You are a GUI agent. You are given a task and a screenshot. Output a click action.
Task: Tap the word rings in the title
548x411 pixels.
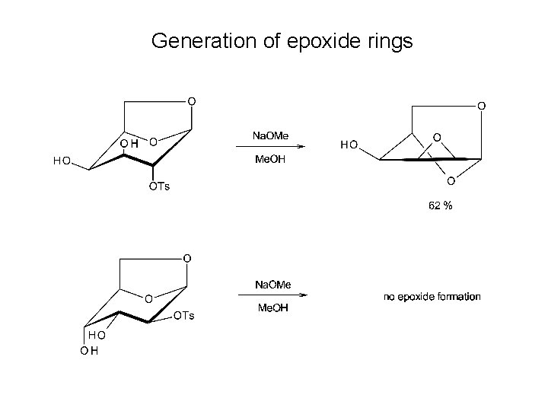point(388,40)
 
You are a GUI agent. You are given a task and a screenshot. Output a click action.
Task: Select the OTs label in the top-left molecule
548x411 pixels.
point(159,186)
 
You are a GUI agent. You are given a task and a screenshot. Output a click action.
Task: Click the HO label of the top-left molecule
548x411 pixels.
point(62,161)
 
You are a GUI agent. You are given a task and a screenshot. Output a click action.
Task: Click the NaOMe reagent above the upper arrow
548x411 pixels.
point(271,135)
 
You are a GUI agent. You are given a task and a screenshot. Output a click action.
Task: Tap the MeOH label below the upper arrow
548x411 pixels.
point(271,161)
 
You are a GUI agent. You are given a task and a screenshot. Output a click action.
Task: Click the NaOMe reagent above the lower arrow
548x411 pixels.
point(272,284)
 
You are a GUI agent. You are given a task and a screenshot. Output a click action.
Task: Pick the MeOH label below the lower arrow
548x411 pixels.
point(272,309)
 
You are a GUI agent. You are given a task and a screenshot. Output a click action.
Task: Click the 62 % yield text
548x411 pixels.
point(439,205)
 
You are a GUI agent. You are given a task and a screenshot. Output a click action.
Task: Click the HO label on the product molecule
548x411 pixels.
point(349,144)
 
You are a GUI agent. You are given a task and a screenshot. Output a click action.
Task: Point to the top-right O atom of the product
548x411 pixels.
point(480,106)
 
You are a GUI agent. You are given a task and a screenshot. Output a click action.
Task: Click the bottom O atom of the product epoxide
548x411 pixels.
point(451,181)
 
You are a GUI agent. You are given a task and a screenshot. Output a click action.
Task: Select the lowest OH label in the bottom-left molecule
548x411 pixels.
point(89,350)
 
